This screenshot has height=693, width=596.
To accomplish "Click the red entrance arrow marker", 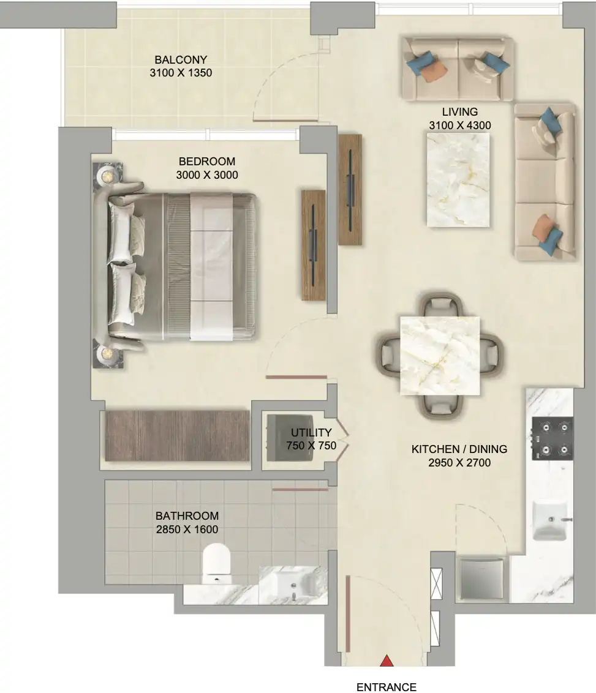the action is click(387, 661).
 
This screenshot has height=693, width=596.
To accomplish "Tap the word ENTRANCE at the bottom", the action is click(387, 687).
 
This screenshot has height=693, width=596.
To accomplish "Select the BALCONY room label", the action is click(181, 59).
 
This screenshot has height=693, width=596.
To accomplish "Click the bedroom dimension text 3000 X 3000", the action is click(207, 175).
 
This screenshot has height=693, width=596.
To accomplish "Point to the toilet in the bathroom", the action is click(217, 563).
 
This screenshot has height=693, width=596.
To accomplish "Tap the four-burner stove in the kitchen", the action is click(553, 439).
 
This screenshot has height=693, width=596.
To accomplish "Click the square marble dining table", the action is click(440, 355).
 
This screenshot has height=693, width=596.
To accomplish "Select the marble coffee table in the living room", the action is click(458, 180).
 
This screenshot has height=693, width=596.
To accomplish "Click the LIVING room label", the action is click(460, 112).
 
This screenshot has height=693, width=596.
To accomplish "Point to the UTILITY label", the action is click(311, 432).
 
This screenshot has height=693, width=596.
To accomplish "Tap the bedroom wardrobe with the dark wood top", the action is click(177, 436).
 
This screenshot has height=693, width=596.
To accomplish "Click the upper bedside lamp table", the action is click(107, 176).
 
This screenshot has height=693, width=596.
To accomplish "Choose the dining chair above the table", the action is click(440, 304).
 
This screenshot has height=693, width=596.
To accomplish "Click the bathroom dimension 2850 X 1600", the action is click(187, 530).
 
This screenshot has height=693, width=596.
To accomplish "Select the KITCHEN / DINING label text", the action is click(459, 449).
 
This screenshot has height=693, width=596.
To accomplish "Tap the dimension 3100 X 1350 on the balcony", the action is click(181, 73).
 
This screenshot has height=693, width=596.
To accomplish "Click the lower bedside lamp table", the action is click(107, 353).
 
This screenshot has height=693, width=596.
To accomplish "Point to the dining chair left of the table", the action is click(388, 354).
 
